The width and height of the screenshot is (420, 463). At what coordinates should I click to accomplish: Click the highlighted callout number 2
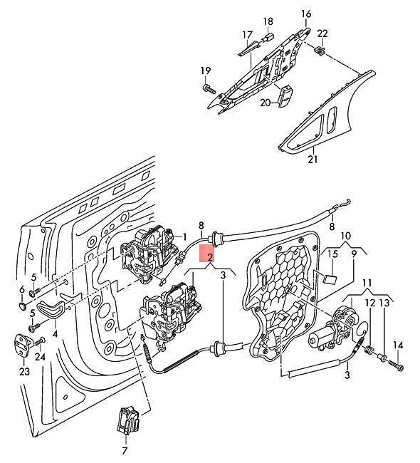click(x=210, y=257)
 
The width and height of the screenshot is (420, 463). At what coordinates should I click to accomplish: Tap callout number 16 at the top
click(x=306, y=14)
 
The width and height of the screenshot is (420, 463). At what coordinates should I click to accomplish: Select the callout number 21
click(x=313, y=159)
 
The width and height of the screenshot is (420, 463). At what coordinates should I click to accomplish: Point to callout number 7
click(x=125, y=451)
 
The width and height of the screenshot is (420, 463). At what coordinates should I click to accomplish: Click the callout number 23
click(x=24, y=371)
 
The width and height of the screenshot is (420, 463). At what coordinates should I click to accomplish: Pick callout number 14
click(x=397, y=345)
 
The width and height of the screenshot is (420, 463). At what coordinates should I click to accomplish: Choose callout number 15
click(x=332, y=254)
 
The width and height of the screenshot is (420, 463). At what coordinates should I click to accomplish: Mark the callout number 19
click(x=206, y=71)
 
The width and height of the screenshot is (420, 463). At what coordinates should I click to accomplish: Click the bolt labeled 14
click(x=395, y=365)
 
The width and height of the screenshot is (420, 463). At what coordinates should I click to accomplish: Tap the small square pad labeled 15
click(x=331, y=279)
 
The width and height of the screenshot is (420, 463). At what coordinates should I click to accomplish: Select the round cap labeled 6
click(x=23, y=306)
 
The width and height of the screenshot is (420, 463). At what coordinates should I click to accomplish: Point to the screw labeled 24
click(x=40, y=343)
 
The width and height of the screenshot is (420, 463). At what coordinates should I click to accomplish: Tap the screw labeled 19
click(x=209, y=88)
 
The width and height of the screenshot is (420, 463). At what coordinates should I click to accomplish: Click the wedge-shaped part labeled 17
click(x=249, y=49)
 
